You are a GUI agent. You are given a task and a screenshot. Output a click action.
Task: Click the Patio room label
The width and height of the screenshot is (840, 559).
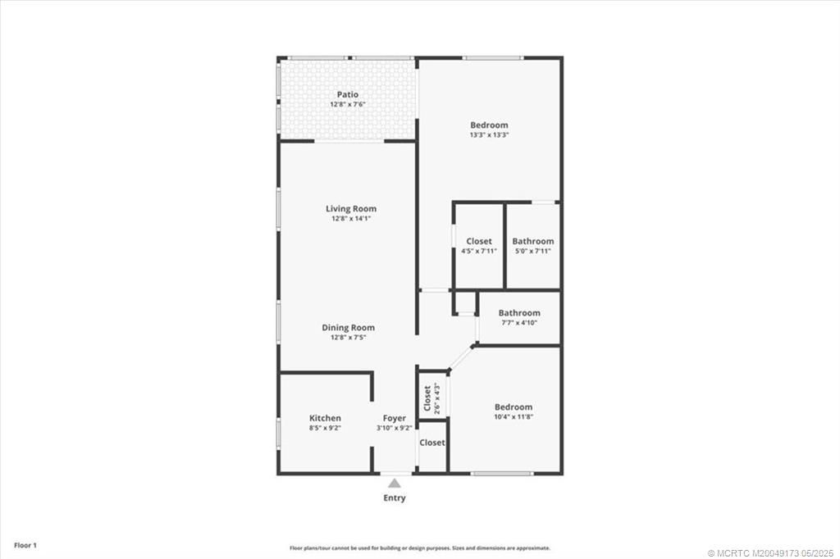click(347, 95)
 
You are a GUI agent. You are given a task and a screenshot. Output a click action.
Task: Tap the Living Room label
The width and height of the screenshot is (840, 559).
click(351, 209)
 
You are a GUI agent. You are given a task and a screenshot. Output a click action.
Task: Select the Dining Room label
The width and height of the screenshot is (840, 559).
click(348, 328)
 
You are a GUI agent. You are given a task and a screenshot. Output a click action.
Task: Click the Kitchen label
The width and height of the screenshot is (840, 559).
click(325, 418)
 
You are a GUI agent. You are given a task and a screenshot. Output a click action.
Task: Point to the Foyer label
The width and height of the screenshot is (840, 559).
click(395, 418)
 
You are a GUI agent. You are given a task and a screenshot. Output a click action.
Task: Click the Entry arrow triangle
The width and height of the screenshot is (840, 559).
click(395, 484)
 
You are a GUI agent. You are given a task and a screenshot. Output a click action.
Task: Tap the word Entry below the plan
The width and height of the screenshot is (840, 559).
click(395, 498)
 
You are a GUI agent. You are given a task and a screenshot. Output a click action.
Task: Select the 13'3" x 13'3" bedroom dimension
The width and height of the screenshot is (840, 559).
click(489, 134)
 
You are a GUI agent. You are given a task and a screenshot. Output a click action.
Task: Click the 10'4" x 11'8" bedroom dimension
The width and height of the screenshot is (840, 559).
click(514, 416)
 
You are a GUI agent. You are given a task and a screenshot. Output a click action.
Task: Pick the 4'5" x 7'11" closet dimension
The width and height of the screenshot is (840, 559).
click(479, 251)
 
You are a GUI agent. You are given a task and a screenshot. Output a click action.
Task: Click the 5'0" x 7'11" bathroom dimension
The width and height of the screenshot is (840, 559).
click(532, 251)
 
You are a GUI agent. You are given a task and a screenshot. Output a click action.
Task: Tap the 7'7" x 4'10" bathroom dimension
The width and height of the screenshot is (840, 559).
click(519, 322)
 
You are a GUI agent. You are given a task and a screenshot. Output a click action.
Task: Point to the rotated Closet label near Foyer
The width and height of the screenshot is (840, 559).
click(427, 398)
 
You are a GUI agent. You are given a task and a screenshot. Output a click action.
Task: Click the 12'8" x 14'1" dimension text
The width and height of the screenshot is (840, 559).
click(351, 219)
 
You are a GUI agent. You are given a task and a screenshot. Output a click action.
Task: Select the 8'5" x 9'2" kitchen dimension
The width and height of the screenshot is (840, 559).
click(325, 428)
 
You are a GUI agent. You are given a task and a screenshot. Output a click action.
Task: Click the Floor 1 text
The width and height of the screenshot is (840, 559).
click(24, 545)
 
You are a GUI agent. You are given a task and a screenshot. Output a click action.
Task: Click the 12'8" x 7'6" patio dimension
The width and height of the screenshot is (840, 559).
click(347, 105)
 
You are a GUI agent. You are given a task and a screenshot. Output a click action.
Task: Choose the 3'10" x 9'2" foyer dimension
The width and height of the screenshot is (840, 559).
click(395, 428)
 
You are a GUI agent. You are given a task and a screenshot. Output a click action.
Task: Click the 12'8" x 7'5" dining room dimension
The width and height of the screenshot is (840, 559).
click(348, 338)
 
